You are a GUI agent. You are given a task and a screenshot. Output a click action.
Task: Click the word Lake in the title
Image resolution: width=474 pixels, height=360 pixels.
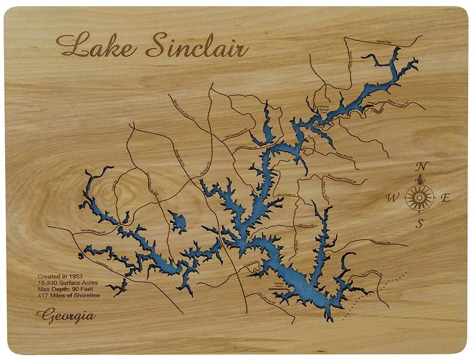95,46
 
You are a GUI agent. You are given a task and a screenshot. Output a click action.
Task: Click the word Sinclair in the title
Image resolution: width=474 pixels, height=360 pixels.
196,46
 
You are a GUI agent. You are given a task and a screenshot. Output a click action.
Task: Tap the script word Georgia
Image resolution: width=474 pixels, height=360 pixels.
66,315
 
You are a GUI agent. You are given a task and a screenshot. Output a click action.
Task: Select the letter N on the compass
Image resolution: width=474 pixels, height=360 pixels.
421,166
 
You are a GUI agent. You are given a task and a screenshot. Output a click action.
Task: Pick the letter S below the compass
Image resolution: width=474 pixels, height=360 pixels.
419,223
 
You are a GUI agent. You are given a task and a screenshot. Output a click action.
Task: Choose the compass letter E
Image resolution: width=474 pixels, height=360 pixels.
446,198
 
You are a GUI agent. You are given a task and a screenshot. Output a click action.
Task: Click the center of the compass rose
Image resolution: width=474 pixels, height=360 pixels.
420,196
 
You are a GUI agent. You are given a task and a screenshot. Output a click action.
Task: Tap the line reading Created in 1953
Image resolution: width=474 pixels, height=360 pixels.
60,277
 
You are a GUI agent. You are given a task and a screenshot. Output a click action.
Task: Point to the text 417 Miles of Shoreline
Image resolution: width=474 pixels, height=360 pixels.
69,295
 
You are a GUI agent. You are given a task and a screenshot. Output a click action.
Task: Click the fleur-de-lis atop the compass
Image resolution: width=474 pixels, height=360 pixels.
421,179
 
